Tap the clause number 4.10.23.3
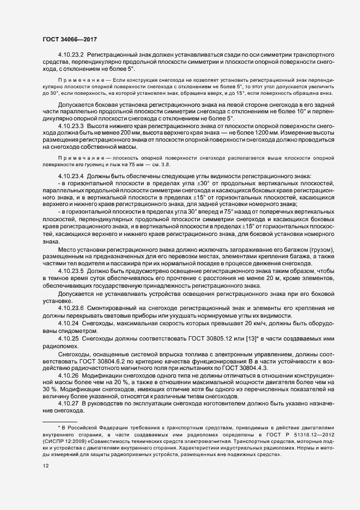pyautogui.click(x=70, y=126)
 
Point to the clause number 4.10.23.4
pyautogui.click(x=70, y=176)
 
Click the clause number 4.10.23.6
pyautogui.click(x=70, y=308)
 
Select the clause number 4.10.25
pyautogui.click(x=68, y=339)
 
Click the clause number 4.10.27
pyautogui.click(x=68, y=403)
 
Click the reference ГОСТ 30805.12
pyautogui.click(x=202, y=339)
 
